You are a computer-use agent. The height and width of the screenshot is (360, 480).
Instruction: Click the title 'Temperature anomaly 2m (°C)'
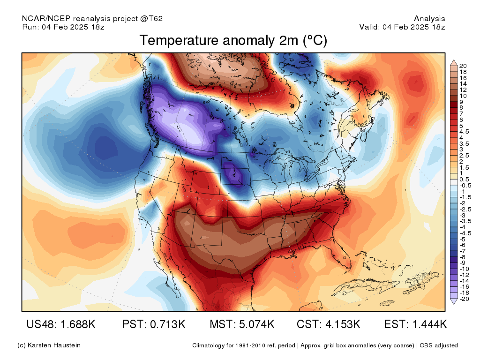(x=233, y=40)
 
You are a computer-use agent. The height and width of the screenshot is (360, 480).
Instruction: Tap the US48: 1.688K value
(x=61, y=324)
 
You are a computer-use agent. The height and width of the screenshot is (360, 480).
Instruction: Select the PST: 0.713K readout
(x=154, y=324)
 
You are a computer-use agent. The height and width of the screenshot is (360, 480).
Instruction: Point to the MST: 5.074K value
(x=242, y=324)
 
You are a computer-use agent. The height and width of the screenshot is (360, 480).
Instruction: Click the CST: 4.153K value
(x=329, y=324)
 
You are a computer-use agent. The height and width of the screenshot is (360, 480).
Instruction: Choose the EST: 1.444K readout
(x=415, y=324)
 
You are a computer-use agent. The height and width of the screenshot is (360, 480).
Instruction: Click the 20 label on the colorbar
(x=463, y=66)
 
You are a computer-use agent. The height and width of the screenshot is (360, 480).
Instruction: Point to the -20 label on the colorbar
(x=464, y=299)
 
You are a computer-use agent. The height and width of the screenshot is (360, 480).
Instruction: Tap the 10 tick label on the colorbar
(x=463, y=96)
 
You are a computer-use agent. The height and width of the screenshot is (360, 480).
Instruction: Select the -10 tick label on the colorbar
(x=464, y=269)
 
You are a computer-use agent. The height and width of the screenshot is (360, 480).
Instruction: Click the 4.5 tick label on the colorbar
(x=464, y=132)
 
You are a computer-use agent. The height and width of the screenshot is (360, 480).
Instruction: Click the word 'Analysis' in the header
(x=429, y=19)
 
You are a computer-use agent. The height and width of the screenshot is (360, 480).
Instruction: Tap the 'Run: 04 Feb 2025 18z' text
(x=63, y=27)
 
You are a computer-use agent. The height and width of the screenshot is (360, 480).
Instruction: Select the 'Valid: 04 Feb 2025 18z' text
(x=402, y=27)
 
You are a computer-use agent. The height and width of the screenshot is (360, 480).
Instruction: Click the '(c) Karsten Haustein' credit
(x=49, y=345)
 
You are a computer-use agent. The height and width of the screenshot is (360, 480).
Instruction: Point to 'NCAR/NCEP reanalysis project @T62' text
(x=92, y=19)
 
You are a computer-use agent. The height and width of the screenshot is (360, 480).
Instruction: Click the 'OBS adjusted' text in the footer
(x=439, y=345)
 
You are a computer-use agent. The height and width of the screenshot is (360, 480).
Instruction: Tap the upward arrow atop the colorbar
(x=454, y=63)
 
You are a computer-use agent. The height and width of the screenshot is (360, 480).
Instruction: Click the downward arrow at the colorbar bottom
(x=454, y=301)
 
